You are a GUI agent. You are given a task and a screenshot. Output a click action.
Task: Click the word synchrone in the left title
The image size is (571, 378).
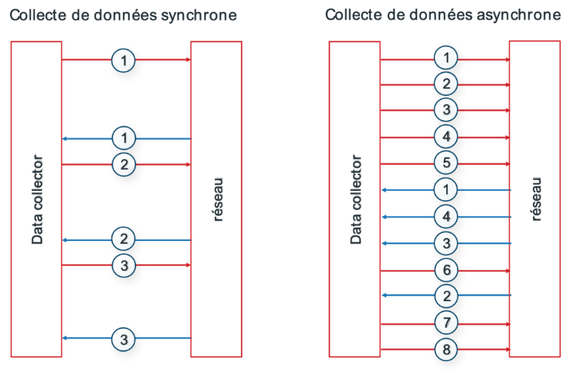(x=199, y=16)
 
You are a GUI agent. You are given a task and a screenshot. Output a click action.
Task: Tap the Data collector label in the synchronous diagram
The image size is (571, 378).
(x=37, y=199)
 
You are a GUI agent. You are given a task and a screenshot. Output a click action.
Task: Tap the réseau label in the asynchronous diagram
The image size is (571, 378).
(x=536, y=199)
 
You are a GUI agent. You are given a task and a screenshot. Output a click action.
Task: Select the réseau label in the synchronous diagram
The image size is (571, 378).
(x=218, y=200)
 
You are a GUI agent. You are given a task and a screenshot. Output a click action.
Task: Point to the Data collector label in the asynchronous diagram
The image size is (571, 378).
(x=356, y=199)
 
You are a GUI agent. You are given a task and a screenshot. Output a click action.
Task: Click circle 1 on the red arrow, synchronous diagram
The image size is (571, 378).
(x=123, y=60)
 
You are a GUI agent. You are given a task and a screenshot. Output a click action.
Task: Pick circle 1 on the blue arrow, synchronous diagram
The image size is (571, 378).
(x=124, y=138)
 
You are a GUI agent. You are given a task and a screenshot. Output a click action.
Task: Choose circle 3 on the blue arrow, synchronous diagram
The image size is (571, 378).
(x=124, y=339)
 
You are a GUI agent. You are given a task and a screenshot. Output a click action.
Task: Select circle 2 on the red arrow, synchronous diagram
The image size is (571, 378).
(x=124, y=164)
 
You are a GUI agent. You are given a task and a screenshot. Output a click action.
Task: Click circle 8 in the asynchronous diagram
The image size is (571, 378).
(x=446, y=349)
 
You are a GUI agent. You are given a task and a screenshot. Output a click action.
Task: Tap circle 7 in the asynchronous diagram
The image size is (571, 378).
(x=446, y=322)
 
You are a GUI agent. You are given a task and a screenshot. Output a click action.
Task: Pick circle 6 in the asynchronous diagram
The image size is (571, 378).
(x=446, y=270)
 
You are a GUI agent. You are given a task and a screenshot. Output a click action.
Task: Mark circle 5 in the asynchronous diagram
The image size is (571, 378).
(x=446, y=163)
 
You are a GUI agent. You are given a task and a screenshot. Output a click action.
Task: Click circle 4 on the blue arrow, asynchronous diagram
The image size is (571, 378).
(x=446, y=217)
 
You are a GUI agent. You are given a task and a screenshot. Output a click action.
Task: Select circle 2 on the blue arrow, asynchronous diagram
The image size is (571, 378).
(x=446, y=296)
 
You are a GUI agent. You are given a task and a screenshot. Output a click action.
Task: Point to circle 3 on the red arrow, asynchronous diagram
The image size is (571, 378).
(x=446, y=110)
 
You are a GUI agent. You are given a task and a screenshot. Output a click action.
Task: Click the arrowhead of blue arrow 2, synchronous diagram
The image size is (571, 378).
(x=65, y=240)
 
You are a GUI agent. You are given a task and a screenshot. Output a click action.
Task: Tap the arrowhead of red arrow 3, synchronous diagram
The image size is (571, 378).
(x=188, y=265)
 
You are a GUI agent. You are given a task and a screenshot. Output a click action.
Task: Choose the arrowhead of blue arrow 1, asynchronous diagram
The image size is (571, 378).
(x=384, y=190)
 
